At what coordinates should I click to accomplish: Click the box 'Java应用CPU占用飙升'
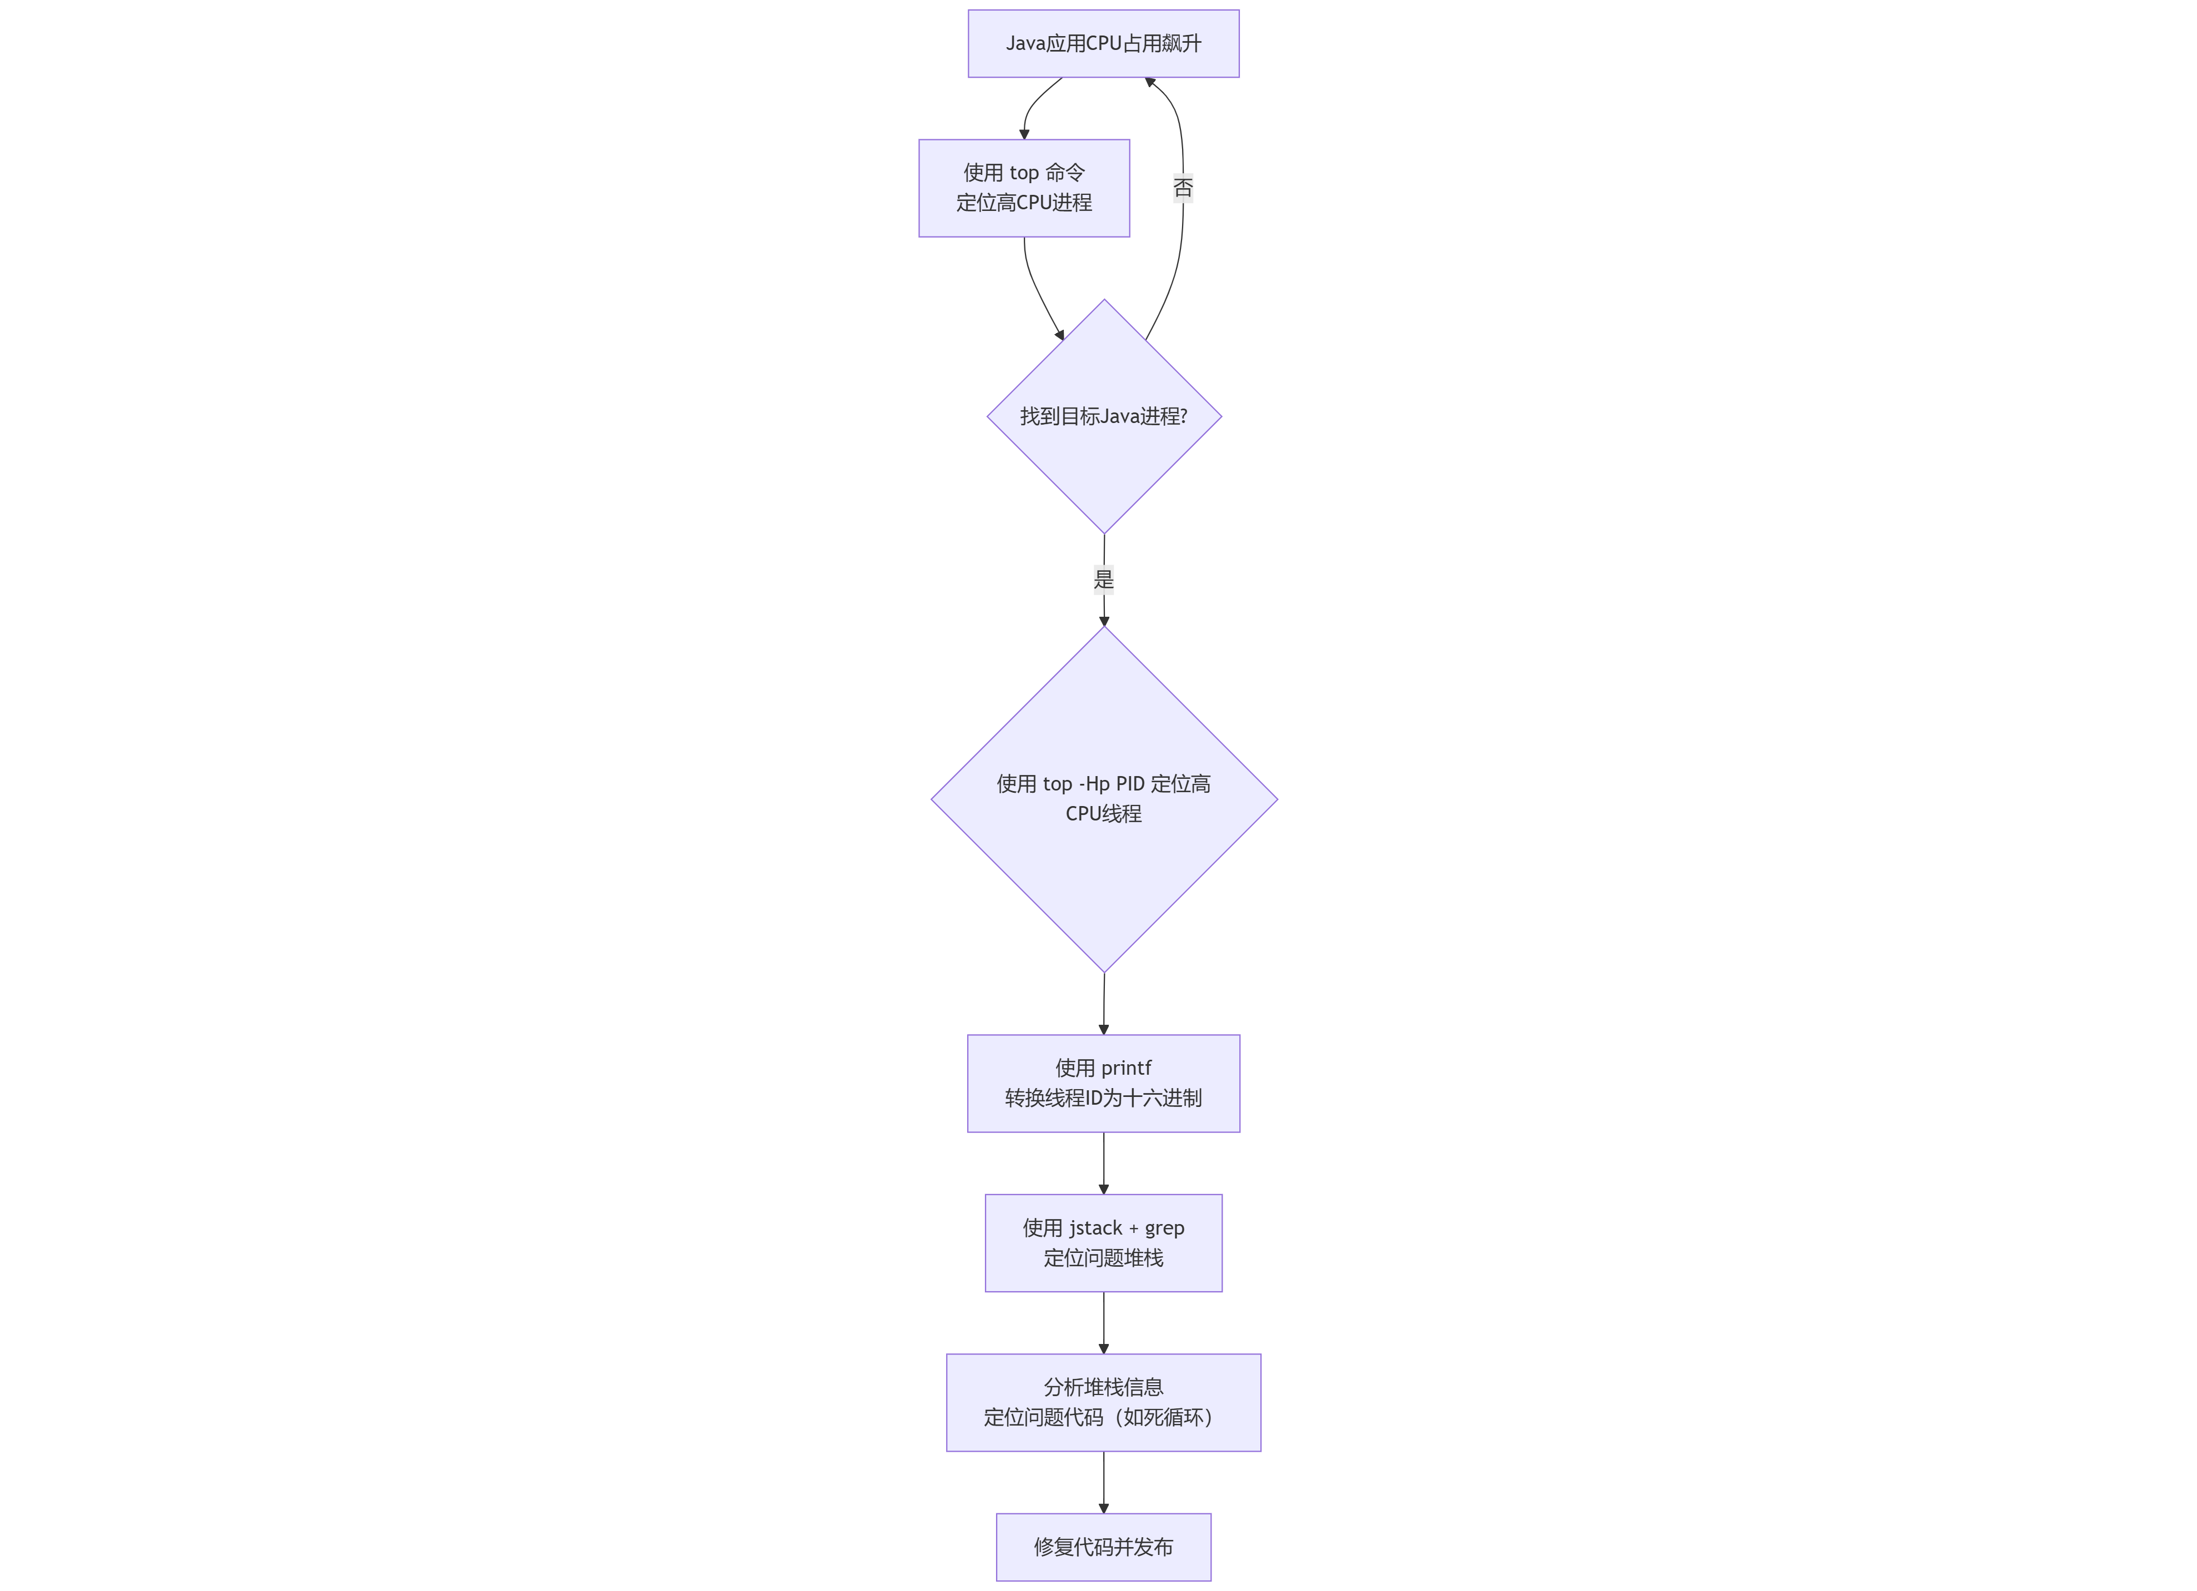click(x=1103, y=43)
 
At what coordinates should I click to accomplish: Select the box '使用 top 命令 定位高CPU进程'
click(x=1024, y=188)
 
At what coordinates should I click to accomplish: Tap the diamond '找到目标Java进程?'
click(x=1103, y=416)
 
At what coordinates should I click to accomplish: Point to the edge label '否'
click(x=1183, y=188)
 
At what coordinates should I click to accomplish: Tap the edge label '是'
click(x=1103, y=579)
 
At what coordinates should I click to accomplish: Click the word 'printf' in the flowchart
click(x=1125, y=1068)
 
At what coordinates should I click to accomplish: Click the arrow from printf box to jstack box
click(x=1103, y=1162)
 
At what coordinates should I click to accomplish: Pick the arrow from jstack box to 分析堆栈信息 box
click(x=1103, y=1322)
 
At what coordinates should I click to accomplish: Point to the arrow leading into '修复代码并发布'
click(x=1103, y=1482)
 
